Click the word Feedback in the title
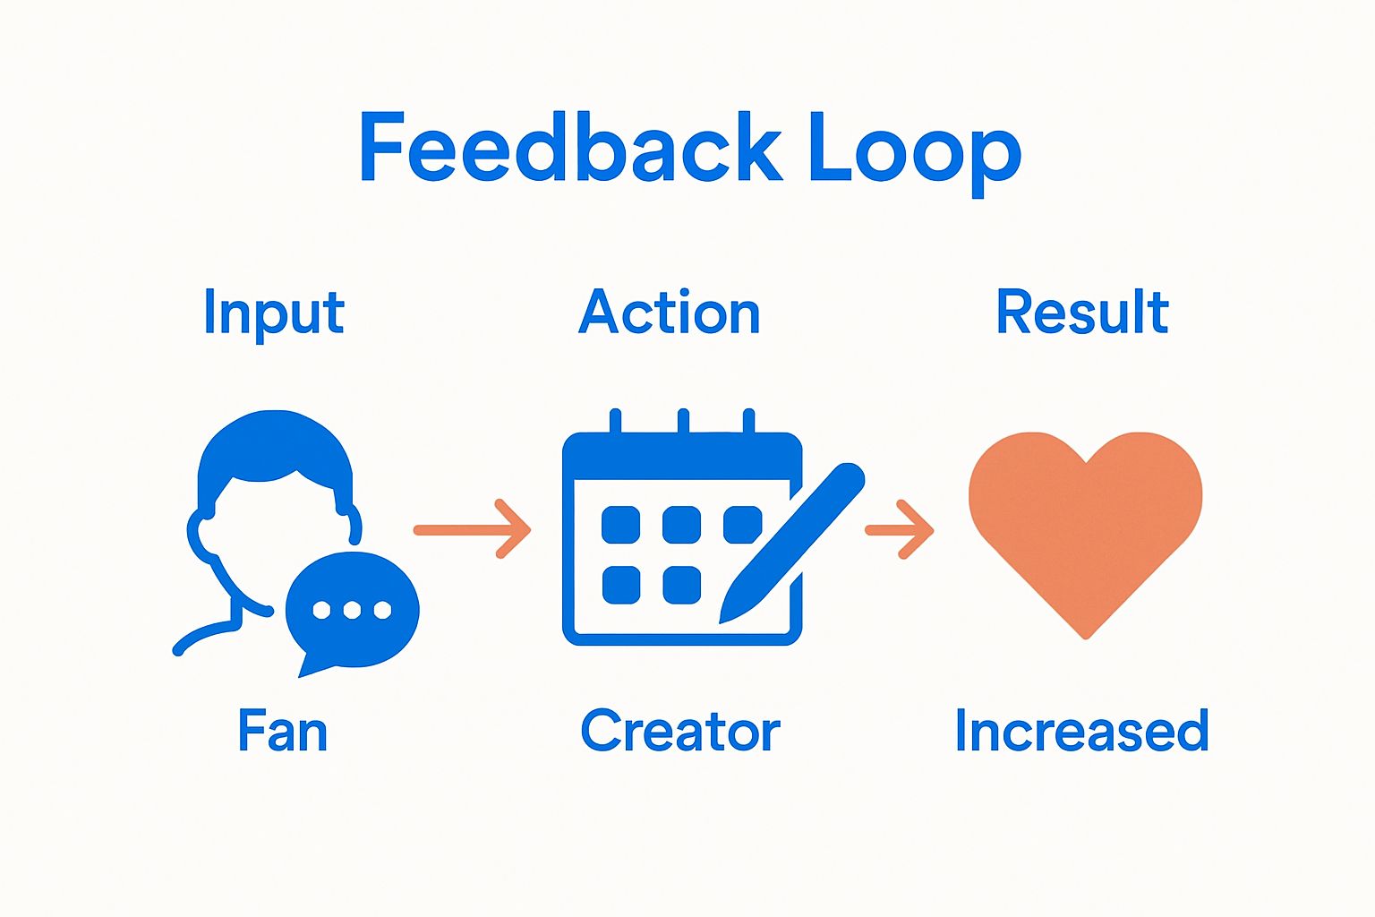pos(571,146)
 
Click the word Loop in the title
pos(915,153)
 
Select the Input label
pos(274,314)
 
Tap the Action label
pos(669,312)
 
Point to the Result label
pos(1082,312)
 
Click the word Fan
pos(282,730)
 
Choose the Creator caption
pos(680,730)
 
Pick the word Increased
pos(1082,730)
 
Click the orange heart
pos(1085,528)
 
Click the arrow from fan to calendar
pos(472,529)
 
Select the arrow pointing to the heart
pos(900,529)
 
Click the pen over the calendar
pos(792,544)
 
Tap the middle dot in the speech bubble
pos(352,610)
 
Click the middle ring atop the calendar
pos(683,422)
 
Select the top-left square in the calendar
pos(620,525)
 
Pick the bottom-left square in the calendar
pos(621,585)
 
